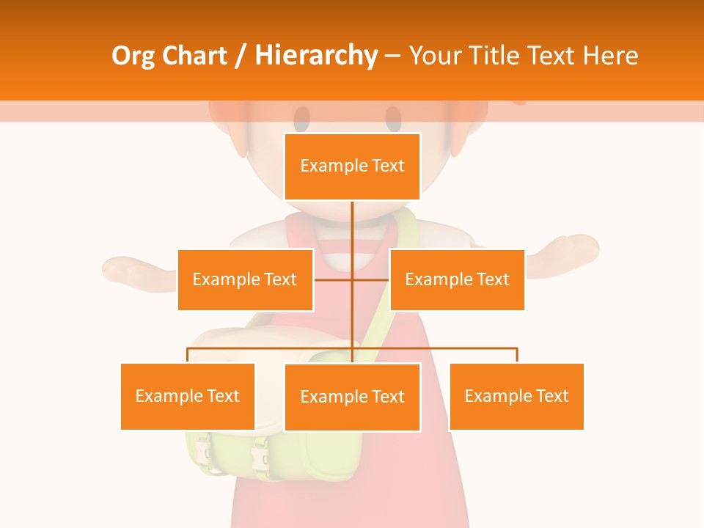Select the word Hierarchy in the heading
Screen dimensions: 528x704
[315, 56]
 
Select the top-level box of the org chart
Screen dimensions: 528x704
[352, 166]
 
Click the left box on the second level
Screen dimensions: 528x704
[245, 279]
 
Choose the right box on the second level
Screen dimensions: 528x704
[457, 279]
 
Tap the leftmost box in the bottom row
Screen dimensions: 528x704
[188, 396]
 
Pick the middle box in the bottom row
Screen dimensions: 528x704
[352, 397]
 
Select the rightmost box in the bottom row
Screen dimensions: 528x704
[516, 396]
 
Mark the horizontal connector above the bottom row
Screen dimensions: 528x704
[440, 348]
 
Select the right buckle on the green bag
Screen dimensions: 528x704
[258, 457]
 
